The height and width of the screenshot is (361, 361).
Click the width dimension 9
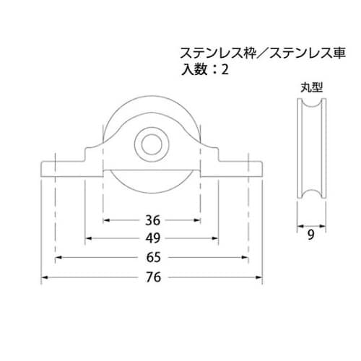click(x=311, y=233)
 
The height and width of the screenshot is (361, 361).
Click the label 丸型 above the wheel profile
click(x=311, y=87)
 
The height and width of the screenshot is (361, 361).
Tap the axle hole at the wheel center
click(x=151, y=143)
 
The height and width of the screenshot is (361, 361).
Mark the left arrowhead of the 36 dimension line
click(x=106, y=220)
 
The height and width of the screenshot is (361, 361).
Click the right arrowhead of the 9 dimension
click(x=323, y=224)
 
